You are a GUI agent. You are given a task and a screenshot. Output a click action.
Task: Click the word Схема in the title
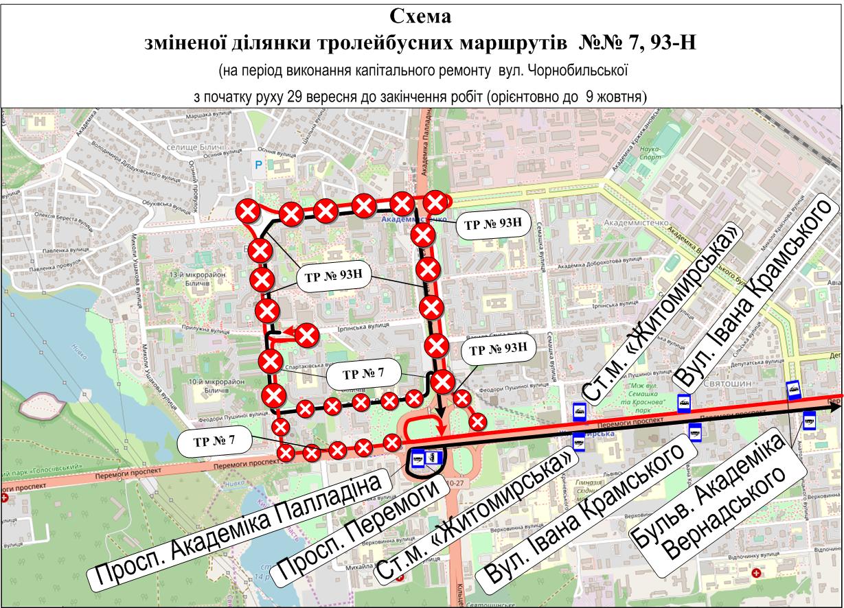click(x=422, y=15)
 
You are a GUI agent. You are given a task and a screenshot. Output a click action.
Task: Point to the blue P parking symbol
click(x=258, y=165)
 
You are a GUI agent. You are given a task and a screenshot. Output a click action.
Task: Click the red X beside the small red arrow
click(x=307, y=336)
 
